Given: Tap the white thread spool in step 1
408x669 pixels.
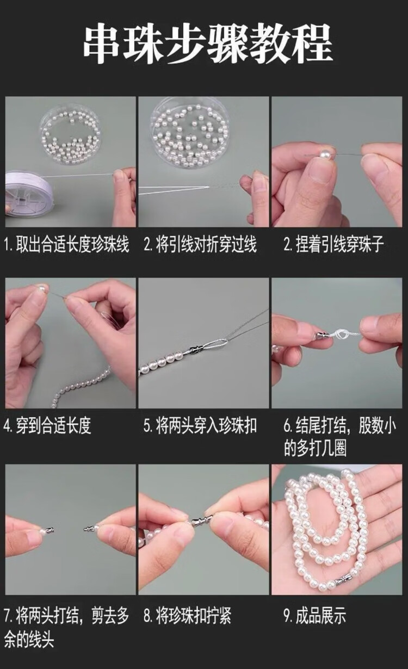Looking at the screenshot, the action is [29, 193].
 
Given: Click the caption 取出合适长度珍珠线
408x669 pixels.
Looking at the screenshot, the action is [72, 245].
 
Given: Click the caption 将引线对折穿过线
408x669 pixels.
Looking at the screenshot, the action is [206, 245].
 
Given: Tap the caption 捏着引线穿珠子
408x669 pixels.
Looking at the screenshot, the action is [339, 245].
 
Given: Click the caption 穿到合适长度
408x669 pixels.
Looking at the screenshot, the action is [53, 426].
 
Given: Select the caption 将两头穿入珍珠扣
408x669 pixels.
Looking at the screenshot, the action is [206, 426].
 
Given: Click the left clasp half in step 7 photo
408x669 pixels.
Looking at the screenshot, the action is [50, 531].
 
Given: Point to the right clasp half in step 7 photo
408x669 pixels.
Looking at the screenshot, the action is [89, 529].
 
